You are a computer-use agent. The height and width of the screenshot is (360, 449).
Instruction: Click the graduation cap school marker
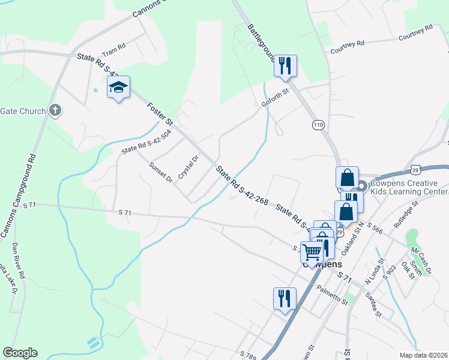point(118,88)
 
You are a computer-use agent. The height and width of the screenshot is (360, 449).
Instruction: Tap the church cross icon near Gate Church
point(55,110)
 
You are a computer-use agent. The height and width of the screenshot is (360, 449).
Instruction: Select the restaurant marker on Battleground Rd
point(285,65)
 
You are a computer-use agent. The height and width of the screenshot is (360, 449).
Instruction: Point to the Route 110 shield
point(318,125)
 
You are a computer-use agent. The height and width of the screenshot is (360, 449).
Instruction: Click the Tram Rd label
point(113,47)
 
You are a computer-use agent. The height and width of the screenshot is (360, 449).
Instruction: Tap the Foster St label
point(160,113)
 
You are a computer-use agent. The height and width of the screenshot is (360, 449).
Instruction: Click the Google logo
point(20,353)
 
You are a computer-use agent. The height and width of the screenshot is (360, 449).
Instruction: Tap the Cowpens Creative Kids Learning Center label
point(408,187)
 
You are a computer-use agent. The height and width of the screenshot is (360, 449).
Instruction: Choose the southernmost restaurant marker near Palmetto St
point(284,298)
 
